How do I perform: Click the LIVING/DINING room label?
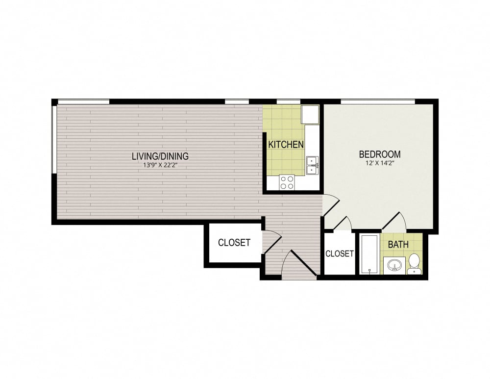(x=160, y=156)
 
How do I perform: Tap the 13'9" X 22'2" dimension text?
(x=160, y=166)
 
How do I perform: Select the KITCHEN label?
(x=286, y=145)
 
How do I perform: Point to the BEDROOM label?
(x=379, y=154)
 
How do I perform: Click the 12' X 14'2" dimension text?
(x=379, y=163)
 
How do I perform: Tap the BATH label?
(x=398, y=244)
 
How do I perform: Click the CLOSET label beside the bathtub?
(x=339, y=253)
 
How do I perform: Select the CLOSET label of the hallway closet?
(x=234, y=243)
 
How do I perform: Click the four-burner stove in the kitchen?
(x=287, y=182)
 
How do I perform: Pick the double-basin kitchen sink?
(x=312, y=165)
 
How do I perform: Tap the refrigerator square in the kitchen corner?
(x=310, y=115)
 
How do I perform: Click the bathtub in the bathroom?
(x=369, y=254)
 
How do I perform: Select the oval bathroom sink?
(x=394, y=266)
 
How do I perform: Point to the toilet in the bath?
(x=415, y=263)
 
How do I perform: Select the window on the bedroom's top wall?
(x=378, y=102)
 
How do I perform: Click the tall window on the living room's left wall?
(x=54, y=140)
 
